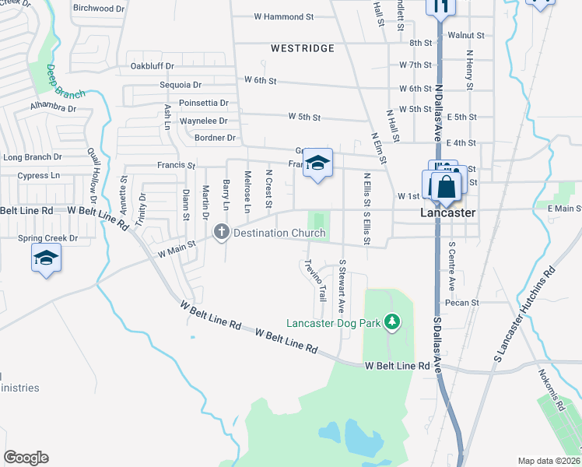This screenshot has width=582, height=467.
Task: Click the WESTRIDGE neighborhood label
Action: point(303,48)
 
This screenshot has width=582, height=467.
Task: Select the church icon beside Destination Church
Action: point(222,232)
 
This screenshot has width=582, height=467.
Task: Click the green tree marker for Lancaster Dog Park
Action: point(394,321)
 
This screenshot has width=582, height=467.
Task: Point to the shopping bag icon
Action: point(447,187)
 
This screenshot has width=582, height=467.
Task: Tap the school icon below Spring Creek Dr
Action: point(46,258)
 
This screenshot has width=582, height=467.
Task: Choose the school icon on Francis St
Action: point(317,163)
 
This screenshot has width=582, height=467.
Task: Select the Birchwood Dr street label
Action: point(99,8)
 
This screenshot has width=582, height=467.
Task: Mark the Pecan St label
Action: point(461,302)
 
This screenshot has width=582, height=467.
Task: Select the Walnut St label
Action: point(466,36)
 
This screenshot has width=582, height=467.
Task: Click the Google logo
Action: point(26,458)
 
